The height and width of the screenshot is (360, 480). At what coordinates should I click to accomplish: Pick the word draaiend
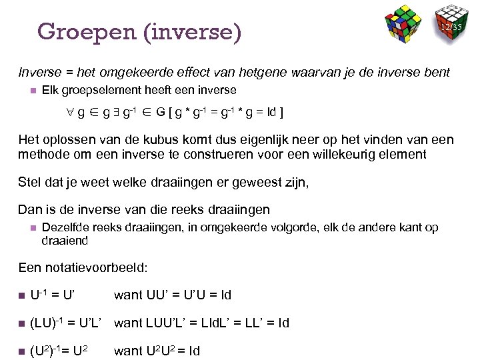click(65, 240)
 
